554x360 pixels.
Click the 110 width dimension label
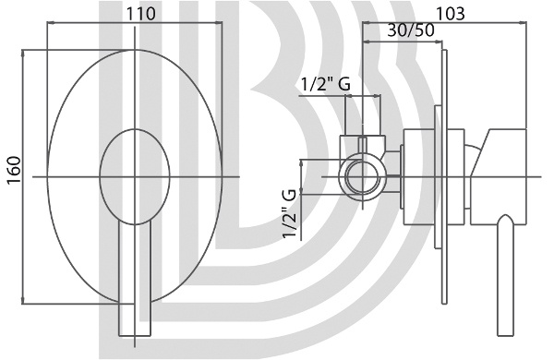click(140, 14)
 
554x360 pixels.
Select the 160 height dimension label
click(15, 170)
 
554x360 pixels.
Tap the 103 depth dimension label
click(451, 14)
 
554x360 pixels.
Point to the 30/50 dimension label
click(411, 30)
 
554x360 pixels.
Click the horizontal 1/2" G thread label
click(325, 84)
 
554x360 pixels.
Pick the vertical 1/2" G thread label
click(289, 214)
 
